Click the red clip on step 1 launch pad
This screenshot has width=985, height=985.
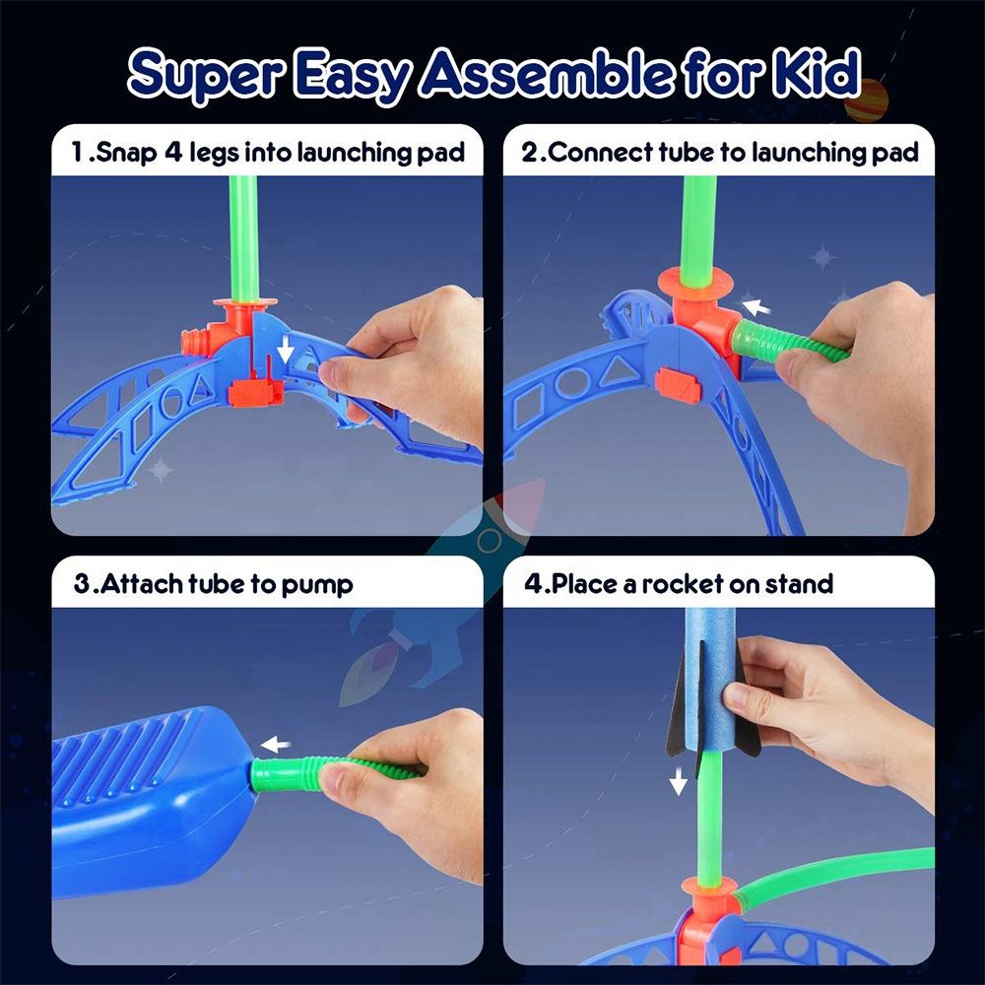[x=255, y=392]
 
